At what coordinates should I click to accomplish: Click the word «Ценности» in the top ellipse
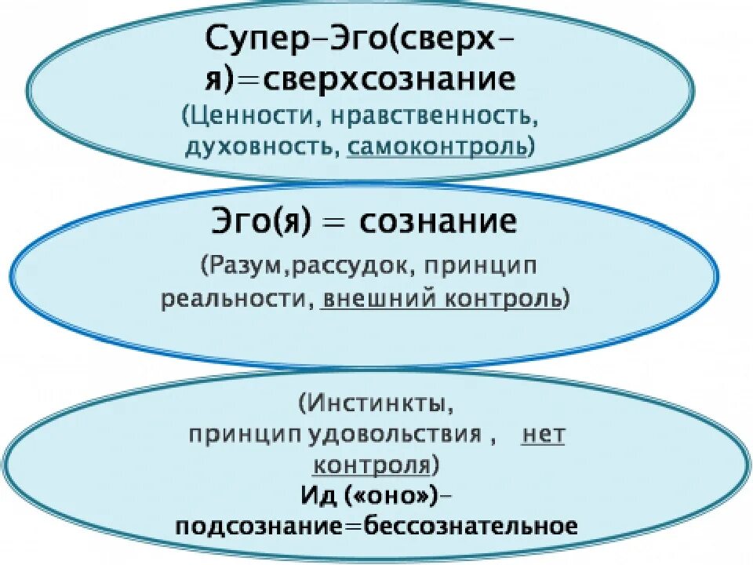(x=250, y=118)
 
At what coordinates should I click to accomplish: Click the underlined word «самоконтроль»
(x=436, y=148)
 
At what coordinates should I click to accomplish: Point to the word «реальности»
(x=236, y=301)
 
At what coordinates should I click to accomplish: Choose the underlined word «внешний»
(x=375, y=301)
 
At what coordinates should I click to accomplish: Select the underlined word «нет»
(x=544, y=436)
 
